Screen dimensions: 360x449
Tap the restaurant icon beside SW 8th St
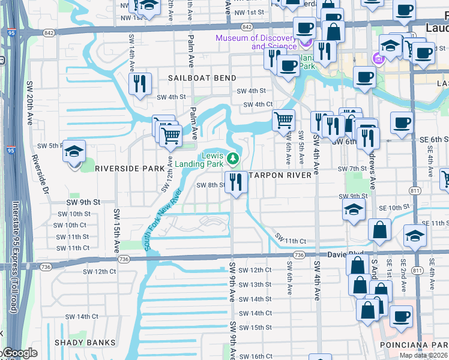[x=236, y=182]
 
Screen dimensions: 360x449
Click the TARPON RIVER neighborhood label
[x=281, y=175]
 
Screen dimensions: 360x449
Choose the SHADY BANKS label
[x=85, y=343]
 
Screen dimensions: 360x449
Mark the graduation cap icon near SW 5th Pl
[x=75, y=152]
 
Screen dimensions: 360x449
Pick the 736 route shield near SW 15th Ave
[x=124, y=259]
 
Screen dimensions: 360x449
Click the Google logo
[x=20, y=353]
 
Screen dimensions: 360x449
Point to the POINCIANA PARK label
[x=414, y=345]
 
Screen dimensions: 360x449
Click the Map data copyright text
[x=423, y=355]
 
